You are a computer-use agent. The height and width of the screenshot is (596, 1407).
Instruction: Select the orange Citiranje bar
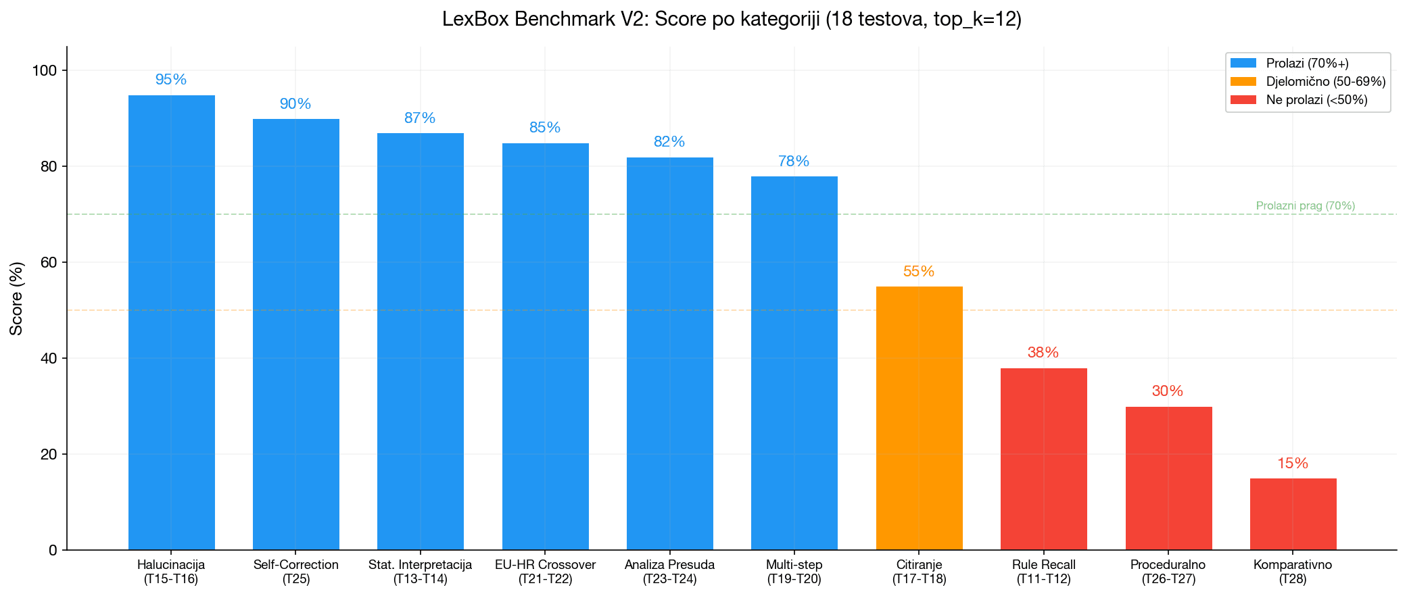(x=919, y=418)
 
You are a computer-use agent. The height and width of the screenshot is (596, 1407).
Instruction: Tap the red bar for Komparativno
(x=1293, y=514)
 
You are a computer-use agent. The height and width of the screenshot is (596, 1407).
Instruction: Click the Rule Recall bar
(x=1043, y=460)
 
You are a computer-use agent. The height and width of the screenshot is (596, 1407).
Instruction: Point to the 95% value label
(x=171, y=80)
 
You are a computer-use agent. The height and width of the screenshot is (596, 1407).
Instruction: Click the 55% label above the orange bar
(x=919, y=272)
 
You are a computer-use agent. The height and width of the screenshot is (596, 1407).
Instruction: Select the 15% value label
(x=1293, y=464)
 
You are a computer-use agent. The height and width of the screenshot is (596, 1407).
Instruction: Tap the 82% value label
(x=669, y=142)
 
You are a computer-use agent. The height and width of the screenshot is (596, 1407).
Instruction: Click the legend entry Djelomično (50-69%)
(x=1325, y=82)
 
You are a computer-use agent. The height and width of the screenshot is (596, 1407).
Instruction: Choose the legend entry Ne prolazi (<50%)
(x=1316, y=100)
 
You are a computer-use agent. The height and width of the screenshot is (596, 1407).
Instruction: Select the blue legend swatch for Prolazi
(x=1243, y=64)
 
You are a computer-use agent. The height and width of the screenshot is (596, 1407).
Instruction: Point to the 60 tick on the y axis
(x=49, y=262)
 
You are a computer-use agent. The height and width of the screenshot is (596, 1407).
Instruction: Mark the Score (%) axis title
(x=16, y=298)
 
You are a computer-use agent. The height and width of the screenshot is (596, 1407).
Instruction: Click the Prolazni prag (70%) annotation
(x=1305, y=206)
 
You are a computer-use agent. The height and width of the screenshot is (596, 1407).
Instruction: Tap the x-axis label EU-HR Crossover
(x=545, y=565)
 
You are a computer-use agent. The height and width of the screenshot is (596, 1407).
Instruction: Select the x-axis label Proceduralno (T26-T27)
(x=1168, y=572)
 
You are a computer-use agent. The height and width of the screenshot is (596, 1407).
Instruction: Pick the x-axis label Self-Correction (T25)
(x=295, y=572)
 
